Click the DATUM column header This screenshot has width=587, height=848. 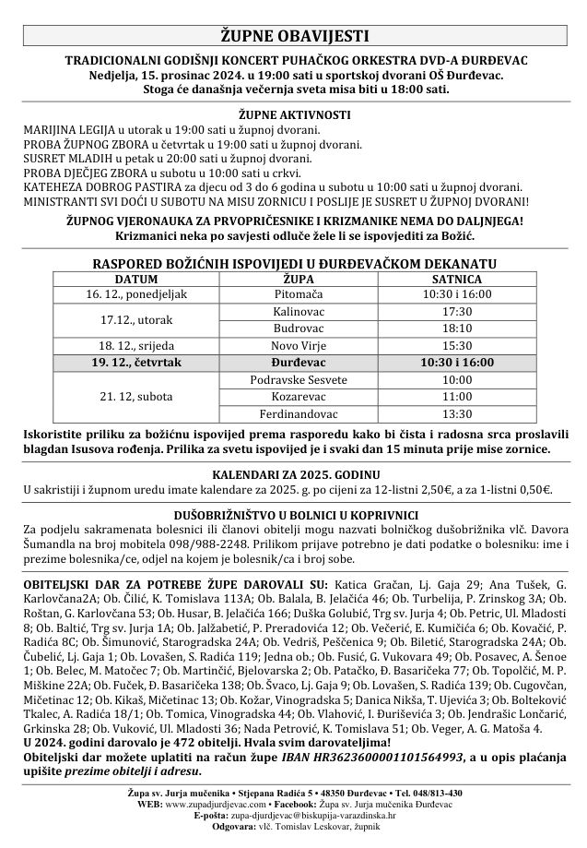click(x=135, y=278)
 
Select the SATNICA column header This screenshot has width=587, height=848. click(x=457, y=278)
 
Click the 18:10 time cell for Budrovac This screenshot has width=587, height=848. click(x=457, y=328)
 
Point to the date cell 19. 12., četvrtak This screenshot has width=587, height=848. click(x=135, y=363)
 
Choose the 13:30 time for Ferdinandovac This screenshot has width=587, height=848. click(x=457, y=413)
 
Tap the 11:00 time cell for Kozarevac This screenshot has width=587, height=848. click(x=457, y=397)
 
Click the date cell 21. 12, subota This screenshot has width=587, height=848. click(x=135, y=397)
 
